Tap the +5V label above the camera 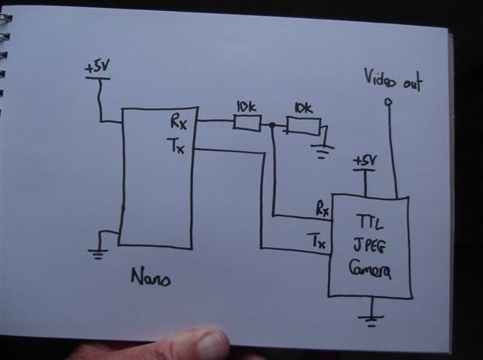pyautogui.click(x=364, y=161)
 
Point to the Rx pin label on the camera pyautogui.click(x=322, y=209)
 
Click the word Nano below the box pyautogui.click(x=147, y=277)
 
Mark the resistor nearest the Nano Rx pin pyautogui.click(x=247, y=122)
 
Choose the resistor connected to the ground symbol pyautogui.click(x=300, y=124)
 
